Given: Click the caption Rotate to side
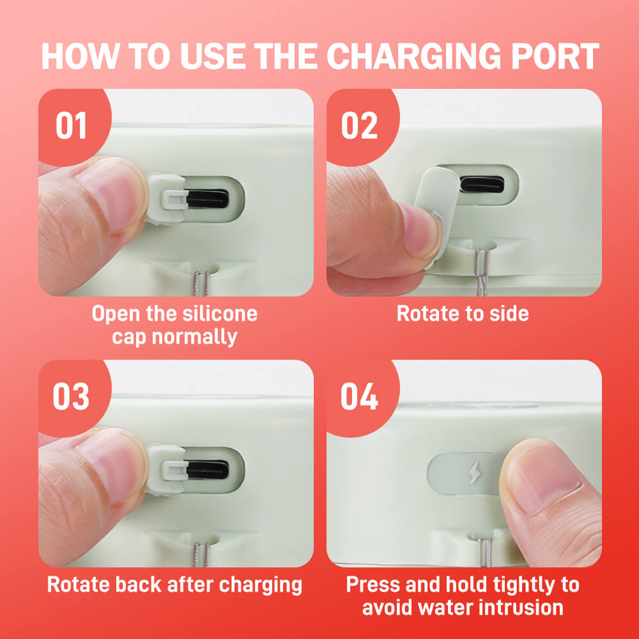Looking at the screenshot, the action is click(x=463, y=314).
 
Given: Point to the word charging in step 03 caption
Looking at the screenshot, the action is click(x=261, y=585).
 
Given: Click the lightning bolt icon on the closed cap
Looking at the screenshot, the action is click(x=474, y=473).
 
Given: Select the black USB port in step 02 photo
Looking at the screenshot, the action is click(x=482, y=184).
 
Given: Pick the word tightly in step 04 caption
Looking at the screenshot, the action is click(x=524, y=585).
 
